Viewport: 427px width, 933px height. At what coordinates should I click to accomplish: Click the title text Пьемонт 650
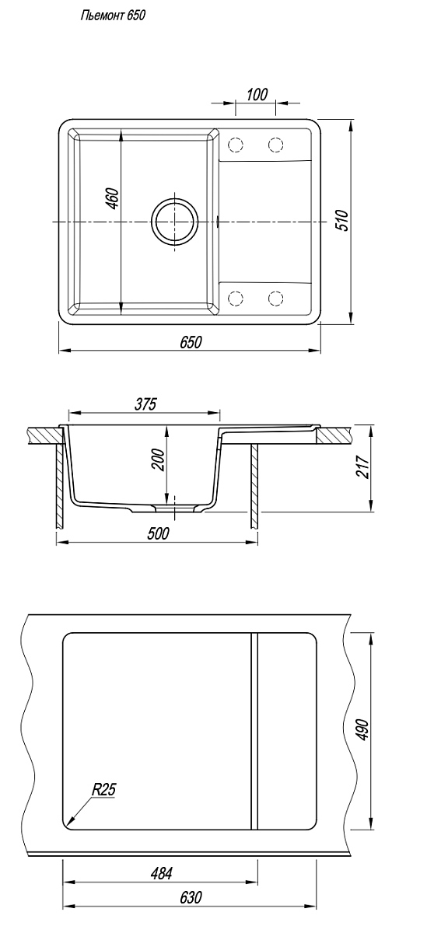point(113,16)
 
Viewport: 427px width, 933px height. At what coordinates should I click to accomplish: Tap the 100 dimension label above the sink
point(257,95)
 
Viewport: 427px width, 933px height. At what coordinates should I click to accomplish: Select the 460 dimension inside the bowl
point(113,199)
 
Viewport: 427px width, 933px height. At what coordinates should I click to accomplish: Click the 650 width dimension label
point(191,341)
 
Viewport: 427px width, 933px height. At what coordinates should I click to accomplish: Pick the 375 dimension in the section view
point(145,404)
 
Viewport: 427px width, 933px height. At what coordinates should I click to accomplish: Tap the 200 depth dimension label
point(159,460)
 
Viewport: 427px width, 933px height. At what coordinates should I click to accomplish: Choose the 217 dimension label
point(363,467)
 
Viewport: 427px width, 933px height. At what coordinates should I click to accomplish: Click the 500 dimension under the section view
point(159,533)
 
